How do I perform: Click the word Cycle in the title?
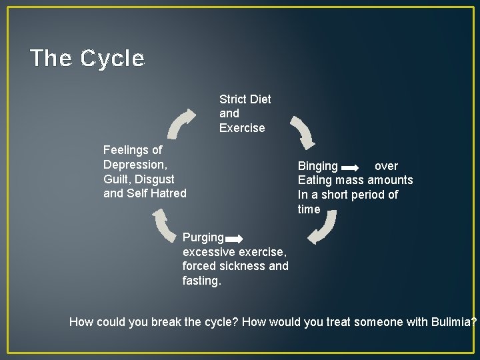[x=112, y=59]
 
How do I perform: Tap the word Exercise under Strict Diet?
[x=242, y=127]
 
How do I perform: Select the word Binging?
[x=317, y=166]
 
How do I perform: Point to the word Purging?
[x=203, y=237]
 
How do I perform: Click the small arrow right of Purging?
[x=233, y=238]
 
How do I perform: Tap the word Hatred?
[x=168, y=194]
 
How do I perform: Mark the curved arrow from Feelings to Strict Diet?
[x=181, y=124]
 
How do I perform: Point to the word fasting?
[x=201, y=281]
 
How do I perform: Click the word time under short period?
[x=309, y=209]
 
